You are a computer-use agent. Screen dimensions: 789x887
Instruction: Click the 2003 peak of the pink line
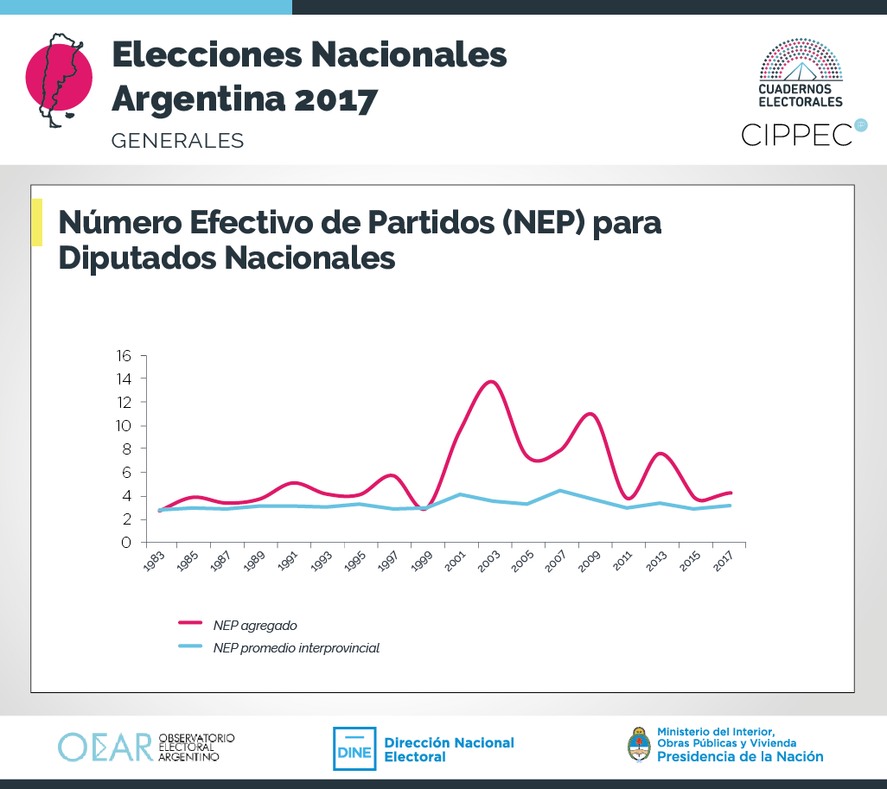[x=491, y=381]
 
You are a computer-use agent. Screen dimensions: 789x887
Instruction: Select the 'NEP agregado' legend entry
[x=254, y=625]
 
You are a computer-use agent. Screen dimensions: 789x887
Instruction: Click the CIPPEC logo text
[x=797, y=134]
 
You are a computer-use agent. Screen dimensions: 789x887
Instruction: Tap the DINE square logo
[x=354, y=748]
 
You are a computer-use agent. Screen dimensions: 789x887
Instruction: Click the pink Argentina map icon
[x=58, y=79]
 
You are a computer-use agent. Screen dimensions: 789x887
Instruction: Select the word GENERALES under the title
[x=177, y=140]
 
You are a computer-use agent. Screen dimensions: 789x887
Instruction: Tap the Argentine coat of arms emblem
[x=638, y=744]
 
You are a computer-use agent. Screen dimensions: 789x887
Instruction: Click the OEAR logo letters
[x=105, y=748]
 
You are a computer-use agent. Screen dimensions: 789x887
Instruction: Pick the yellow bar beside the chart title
[x=36, y=222]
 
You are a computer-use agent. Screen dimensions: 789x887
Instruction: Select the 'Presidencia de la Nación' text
[x=740, y=756]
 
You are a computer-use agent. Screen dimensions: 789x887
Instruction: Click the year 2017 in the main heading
[x=335, y=99]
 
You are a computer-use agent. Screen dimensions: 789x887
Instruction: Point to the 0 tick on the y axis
[x=126, y=543]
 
